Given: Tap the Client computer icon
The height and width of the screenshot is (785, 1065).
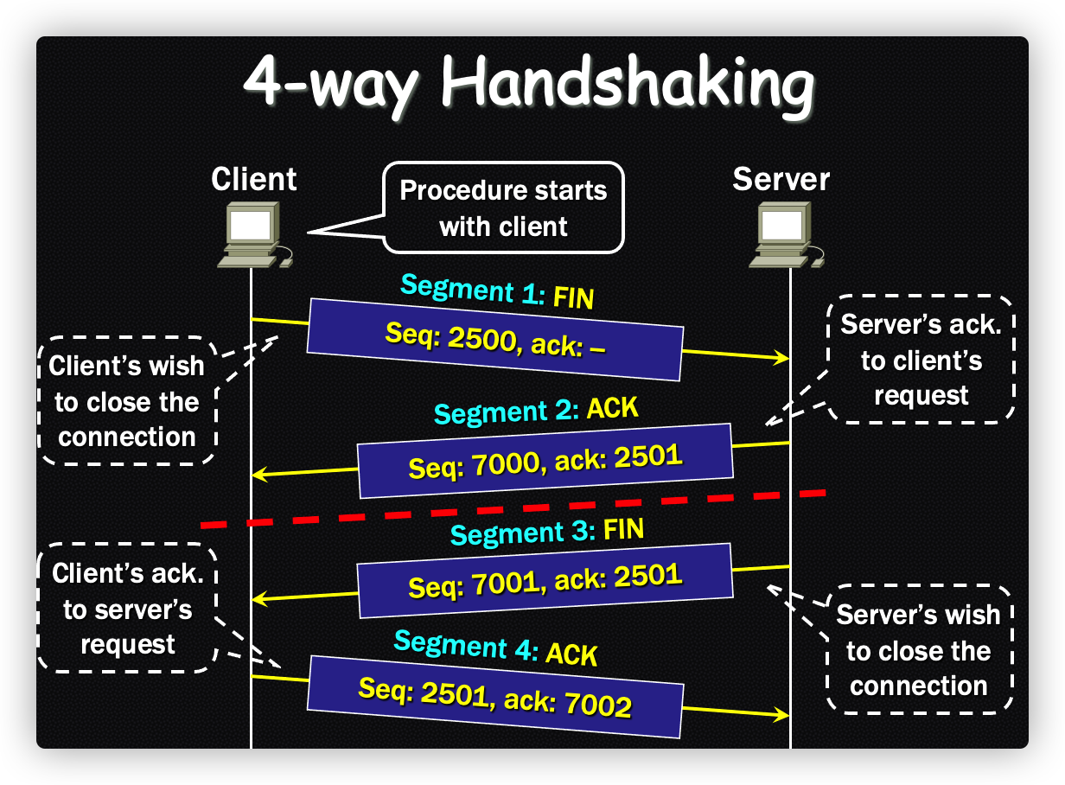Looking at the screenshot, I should tap(253, 233).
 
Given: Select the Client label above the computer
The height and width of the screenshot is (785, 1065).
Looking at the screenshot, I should tap(253, 179).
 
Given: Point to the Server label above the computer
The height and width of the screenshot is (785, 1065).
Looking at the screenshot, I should tap(781, 179).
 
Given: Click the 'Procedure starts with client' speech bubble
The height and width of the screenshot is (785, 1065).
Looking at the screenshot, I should tap(503, 207).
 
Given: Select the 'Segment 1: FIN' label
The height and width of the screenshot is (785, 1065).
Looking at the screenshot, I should tap(497, 291).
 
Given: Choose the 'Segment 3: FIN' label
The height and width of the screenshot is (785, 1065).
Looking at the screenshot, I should tap(547, 531).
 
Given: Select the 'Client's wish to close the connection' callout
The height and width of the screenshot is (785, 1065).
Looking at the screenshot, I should tap(127, 401).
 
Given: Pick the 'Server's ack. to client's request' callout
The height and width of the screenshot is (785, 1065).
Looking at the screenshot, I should tap(921, 359).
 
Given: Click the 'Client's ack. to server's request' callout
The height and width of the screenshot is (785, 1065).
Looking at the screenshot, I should tap(127, 609).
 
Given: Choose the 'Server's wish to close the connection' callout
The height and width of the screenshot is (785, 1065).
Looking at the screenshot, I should tap(918, 650).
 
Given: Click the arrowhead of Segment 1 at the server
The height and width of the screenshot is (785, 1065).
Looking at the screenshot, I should tap(784, 357).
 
